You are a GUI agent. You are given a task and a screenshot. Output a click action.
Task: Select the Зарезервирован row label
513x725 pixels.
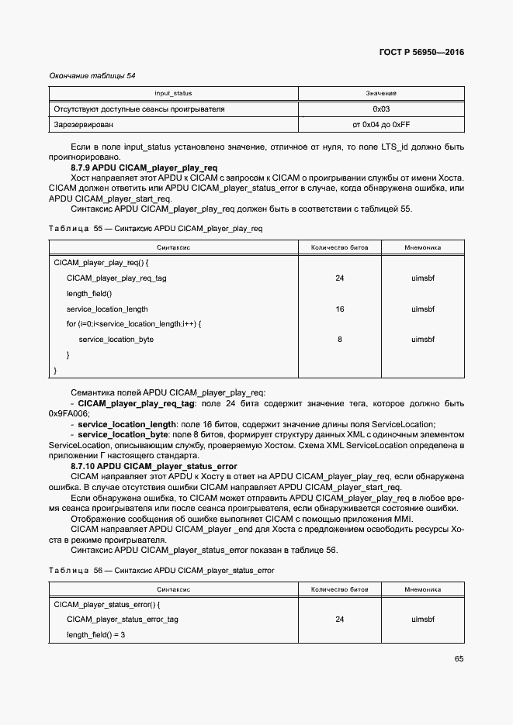[83, 124]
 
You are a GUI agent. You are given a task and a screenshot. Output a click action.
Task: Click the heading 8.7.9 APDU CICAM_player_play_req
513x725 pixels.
[144, 167]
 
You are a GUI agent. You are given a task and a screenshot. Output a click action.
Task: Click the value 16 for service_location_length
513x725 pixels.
[339, 309]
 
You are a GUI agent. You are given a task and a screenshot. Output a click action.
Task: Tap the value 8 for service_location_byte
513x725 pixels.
[339, 340]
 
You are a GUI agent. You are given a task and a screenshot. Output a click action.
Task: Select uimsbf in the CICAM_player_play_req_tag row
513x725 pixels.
[423, 278]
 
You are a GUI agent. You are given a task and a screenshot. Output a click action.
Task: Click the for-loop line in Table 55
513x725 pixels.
[133, 324]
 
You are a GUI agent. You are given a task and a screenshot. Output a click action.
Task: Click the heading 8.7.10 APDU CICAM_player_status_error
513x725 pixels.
[154, 466]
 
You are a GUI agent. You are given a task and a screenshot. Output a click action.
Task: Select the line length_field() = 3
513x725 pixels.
[95, 634]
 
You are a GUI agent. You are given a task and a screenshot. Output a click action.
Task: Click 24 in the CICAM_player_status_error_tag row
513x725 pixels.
[339, 620]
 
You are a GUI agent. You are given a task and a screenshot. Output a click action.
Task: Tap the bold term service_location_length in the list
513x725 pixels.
[127, 424]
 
